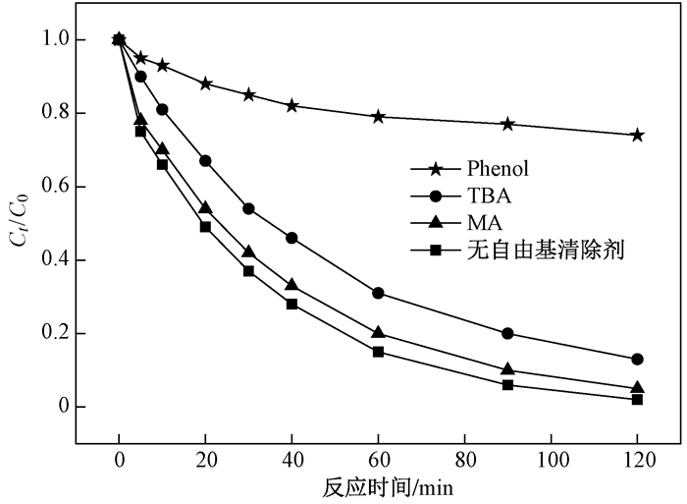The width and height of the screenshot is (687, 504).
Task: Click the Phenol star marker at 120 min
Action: [x=637, y=135]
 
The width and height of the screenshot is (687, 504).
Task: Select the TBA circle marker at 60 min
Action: [x=378, y=293]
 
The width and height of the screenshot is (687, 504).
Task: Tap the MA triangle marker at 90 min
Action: [x=507, y=369]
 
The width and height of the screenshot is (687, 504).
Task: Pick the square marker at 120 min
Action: [x=637, y=399]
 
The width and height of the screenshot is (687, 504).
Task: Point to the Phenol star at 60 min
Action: [x=378, y=116]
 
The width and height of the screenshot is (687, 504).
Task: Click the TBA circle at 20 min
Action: [x=205, y=160]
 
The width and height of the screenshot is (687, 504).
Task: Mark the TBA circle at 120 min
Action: [x=637, y=359]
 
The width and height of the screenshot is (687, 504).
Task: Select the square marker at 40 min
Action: [x=291, y=304]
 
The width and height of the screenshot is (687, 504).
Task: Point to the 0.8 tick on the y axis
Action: [x=78, y=113]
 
